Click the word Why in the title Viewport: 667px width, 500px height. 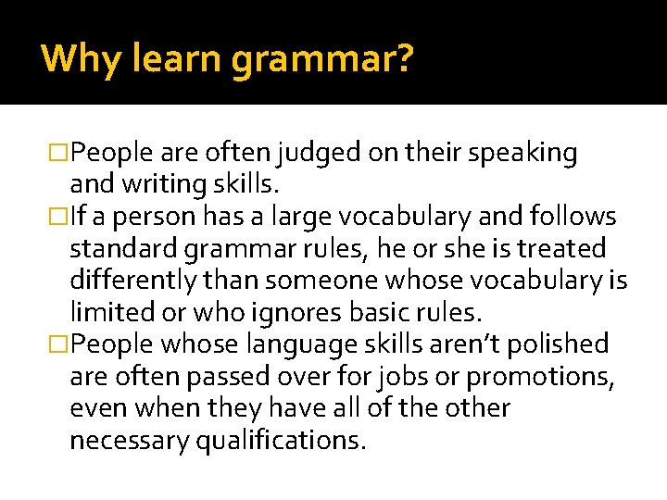point(71,58)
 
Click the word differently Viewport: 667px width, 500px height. point(134,281)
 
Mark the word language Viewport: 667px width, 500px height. point(289,344)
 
